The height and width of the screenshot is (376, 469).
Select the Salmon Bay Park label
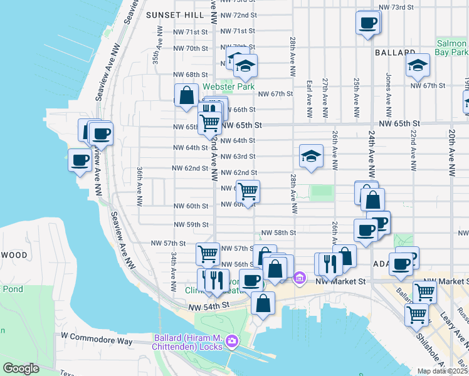click(x=451, y=48)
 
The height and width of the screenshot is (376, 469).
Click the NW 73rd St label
click(x=397, y=7)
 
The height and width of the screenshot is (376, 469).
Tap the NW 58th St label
click(x=278, y=232)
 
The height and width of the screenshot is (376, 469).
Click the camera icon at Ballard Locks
click(x=232, y=341)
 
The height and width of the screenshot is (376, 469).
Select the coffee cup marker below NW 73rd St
click(x=368, y=23)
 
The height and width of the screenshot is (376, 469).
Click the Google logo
click(x=21, y=368)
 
